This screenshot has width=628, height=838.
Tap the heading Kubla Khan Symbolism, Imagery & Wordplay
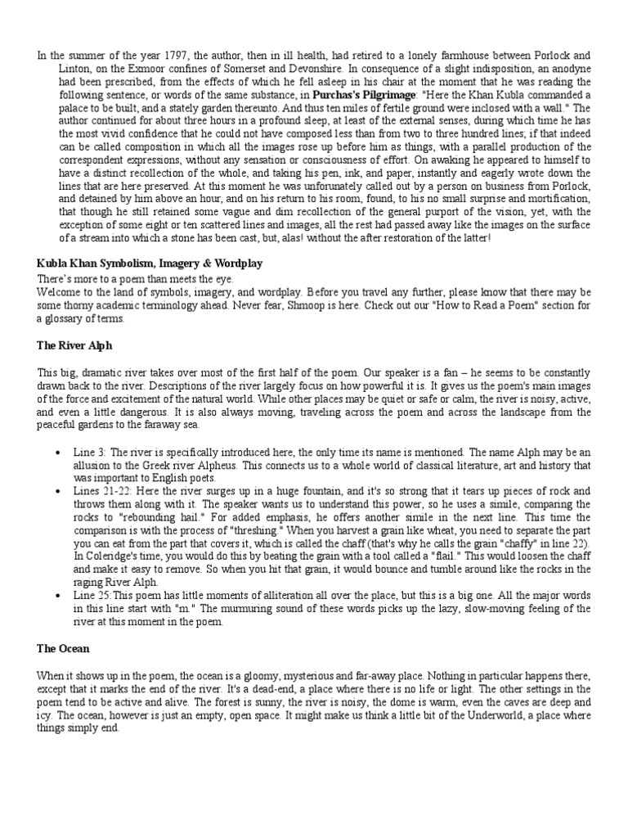click(x=150, y=264)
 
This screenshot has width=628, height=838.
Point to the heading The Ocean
click(x=63, y=649)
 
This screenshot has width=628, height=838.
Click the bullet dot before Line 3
click(x=56, y=453)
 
